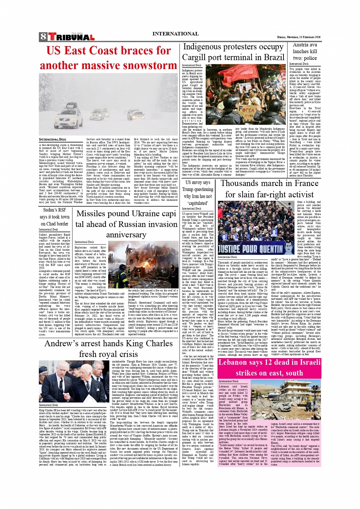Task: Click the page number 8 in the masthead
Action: (43, 37)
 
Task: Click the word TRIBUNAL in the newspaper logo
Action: (72, 37)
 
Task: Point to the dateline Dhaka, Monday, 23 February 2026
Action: (299, 37)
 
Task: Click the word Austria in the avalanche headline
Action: (301, 45)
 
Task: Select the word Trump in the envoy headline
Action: (187, 189)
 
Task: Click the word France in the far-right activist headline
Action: (306, 183)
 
